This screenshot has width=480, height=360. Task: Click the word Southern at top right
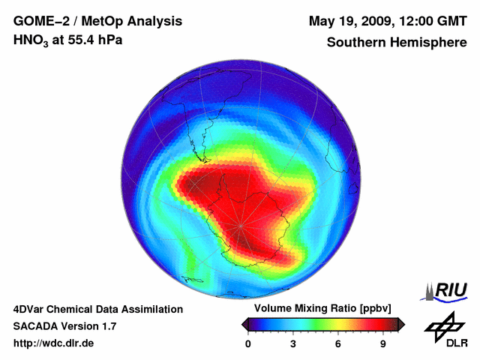tap(355, 43)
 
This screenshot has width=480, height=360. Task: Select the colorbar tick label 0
tap(248, 343)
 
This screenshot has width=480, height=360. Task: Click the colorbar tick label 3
tap(293, 343)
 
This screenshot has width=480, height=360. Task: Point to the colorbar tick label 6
tap(338, 343)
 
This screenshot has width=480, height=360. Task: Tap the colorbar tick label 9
tap(383, 343)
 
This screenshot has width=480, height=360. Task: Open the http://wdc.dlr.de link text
tap(54, 343)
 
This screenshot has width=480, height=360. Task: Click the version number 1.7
tap(107, 326)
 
